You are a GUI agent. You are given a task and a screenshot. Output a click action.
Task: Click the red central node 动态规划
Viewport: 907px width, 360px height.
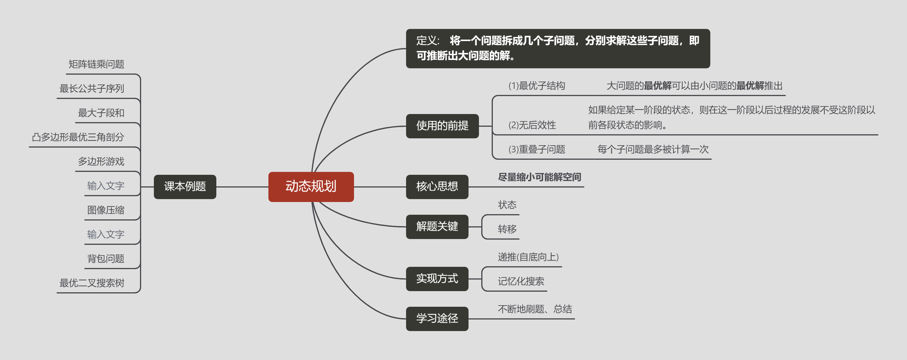[311, 187]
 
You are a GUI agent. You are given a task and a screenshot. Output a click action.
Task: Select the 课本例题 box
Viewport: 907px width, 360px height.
[185, 187]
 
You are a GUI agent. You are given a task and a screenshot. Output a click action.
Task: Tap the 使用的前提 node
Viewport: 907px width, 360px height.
[442, 126]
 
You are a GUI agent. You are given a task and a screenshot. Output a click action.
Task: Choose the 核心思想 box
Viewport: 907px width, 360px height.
[437, 187]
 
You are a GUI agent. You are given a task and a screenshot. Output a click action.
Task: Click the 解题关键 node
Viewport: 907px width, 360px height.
[437, 227]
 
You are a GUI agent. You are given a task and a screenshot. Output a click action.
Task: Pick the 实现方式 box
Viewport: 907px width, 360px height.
[437, 279]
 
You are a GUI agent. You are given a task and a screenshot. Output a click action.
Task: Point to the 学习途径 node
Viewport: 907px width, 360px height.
[437, 318]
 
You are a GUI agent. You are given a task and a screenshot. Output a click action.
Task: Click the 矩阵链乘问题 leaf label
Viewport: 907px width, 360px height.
[96, 64]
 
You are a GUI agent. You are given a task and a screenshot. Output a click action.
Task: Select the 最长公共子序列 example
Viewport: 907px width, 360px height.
[92, 89]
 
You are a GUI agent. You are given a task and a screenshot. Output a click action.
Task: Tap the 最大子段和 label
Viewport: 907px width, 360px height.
[101, 113]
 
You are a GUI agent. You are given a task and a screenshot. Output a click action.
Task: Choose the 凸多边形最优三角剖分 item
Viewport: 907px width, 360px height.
[78, 137]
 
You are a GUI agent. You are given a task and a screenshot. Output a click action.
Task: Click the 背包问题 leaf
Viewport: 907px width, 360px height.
[106, 258]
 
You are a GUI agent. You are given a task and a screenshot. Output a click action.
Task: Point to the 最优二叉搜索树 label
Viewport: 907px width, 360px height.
[92, 283]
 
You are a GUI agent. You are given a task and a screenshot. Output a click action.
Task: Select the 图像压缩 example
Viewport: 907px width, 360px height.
[106, 210]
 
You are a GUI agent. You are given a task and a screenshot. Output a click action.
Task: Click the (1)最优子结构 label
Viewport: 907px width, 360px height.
[537, 86]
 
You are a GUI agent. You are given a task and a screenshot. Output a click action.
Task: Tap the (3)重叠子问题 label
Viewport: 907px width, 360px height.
[537, 149]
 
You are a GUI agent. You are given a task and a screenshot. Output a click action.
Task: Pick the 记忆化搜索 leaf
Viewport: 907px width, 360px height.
[521, 281]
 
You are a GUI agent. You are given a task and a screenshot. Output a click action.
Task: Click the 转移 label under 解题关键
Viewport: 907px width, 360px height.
[507, 229]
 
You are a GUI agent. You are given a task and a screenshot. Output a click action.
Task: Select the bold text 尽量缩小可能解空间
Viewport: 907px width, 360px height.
[539, 177]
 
